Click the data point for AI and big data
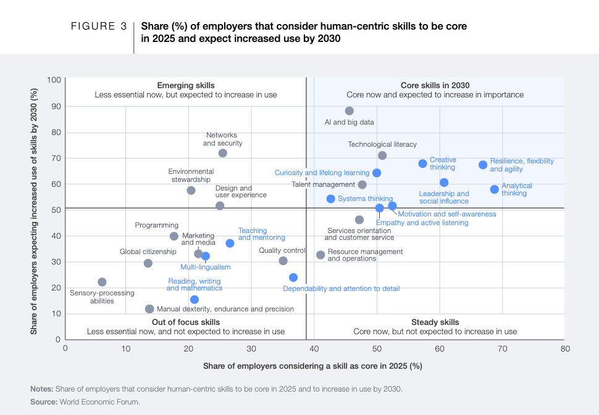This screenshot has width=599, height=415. tap(349, 111)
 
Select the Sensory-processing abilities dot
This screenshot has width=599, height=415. tap(102, 282)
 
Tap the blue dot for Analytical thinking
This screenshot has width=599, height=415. tap(494, 189)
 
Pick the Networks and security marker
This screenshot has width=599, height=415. tap(222, 153)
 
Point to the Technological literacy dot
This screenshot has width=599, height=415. tap(382, 155)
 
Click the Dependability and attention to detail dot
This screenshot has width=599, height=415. tap(293, 277)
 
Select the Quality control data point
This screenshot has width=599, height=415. tap(283, 261)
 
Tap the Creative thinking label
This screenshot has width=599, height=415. tap(442, 163)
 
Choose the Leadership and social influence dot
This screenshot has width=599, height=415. tap(444, 183)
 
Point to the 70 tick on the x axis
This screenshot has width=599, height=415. tap(502, 348)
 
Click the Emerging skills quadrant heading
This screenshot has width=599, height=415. tap(186, 85)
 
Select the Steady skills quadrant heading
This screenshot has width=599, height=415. tap(435, 322)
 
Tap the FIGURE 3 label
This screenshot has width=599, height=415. tap(99, 27)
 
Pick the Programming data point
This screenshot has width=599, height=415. tap(174, 236)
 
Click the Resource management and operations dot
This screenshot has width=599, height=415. tap(320, 255)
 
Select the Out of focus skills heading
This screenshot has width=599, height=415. tap(186, 322)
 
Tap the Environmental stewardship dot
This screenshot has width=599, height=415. tap(191, 191)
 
